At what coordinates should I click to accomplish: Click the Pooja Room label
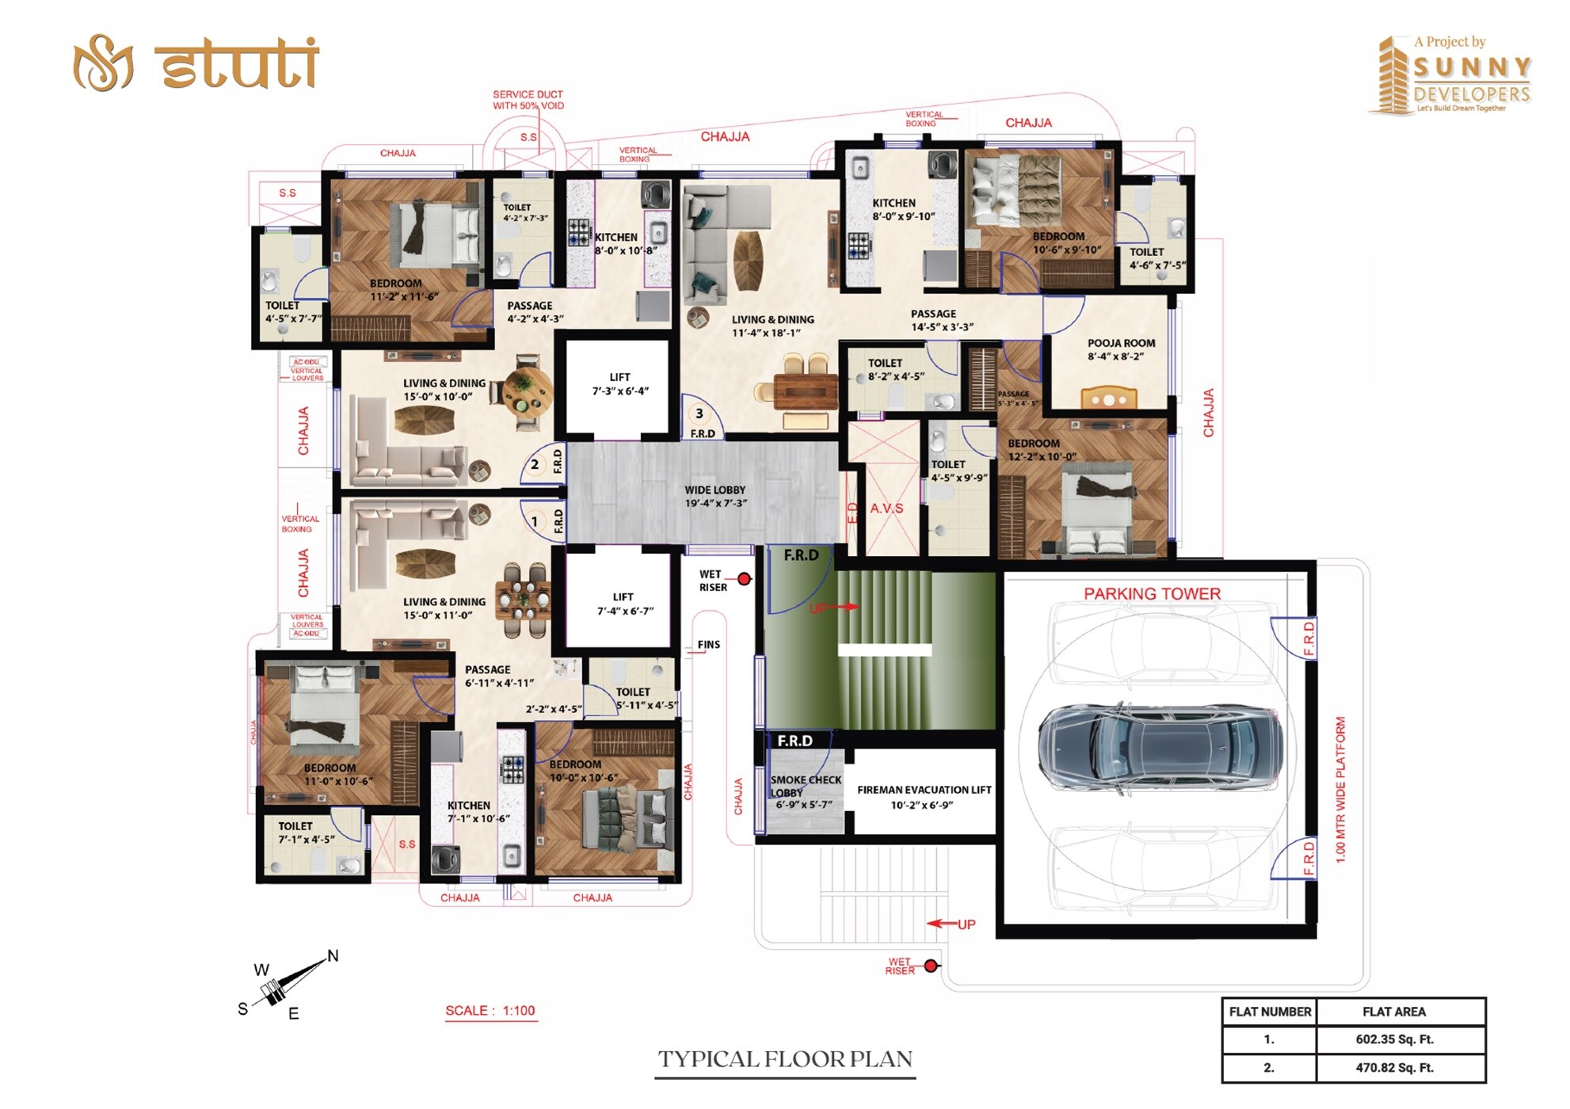(x=1121, y=349)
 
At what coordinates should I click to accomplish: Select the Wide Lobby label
(x=715, y=497)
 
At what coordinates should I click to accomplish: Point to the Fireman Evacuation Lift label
(x=924, y=797)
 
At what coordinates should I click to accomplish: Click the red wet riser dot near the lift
(x=744, y=579)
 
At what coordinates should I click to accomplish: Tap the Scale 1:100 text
(x=490, y=1011)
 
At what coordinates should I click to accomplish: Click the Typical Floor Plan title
(x=785, y=1060)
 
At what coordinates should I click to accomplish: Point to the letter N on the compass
(x=333, y=956)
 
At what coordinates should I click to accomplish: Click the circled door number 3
(x=699, y=413)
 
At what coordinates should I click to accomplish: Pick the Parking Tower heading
(x=1152, y=594)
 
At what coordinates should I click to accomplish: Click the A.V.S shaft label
(x=886, y=509)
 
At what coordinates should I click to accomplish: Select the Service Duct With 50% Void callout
(x=528, y=100)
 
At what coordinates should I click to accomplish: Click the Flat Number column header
(x=1270, y=1012)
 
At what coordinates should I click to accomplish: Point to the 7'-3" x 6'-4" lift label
(x=620, y=384)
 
